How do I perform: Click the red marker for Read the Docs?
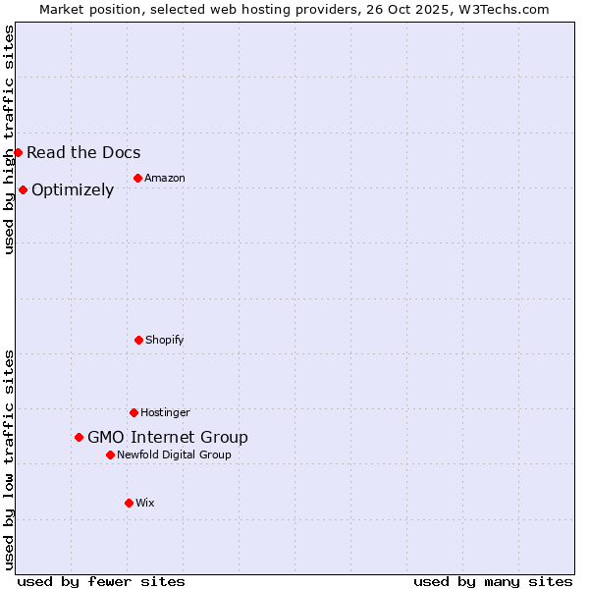(x=18, y=152)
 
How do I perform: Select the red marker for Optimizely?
(x=23, y=189)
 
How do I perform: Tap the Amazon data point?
(x=137, y=178)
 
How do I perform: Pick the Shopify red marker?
(x=138, y=340)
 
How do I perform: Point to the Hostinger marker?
(x=134, y=412)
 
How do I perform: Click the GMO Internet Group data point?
(x=79, y=437)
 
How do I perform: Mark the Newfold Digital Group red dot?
(x=110, y=455)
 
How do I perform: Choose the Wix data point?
(x=129, y=503)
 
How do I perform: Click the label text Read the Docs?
(x=83, y=152)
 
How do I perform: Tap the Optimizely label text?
(x=73, y=189)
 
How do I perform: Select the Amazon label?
(x=165, y=178)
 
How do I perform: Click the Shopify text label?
(x=165, y=340)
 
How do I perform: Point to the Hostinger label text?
(x=165, y=412)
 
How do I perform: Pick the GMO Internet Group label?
(x=168, y=437)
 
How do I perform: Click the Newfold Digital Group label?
(x=174, y=455)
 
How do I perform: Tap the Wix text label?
(x=145, y=503)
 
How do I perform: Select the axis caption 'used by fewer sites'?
(x=101, y=581)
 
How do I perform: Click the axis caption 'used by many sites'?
(x=493, y=581)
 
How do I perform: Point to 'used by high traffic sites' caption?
(x=9, y=139)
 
